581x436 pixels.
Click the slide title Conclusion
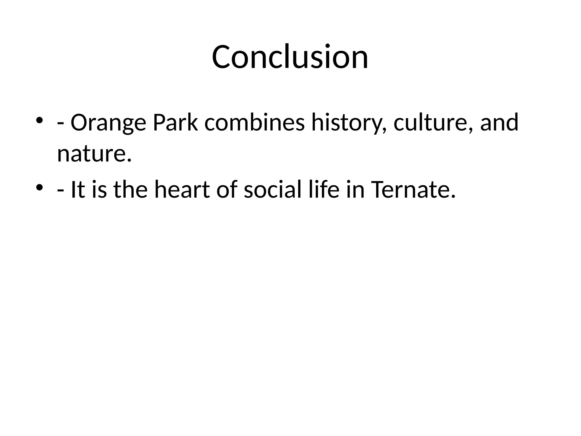290,57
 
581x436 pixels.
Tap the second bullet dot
39,187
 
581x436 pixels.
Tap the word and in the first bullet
499,123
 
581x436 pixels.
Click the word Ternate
413,190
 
